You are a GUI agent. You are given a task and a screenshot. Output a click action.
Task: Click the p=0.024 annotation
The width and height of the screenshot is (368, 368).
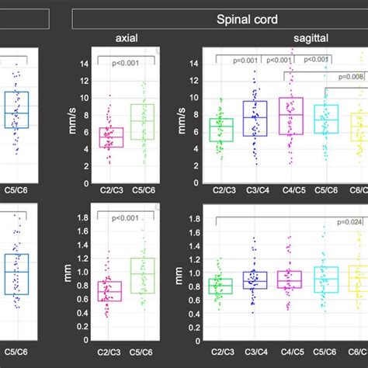351,222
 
